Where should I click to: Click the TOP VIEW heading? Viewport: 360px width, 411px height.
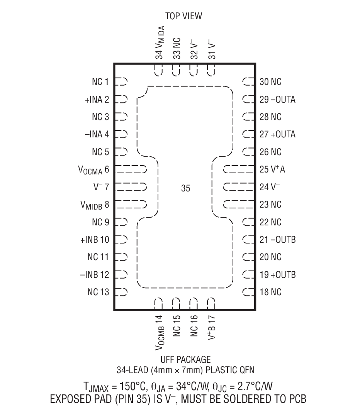pos(183,16)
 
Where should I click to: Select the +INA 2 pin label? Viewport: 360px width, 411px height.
pos(97,100)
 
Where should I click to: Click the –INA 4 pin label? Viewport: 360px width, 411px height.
pos(97,134)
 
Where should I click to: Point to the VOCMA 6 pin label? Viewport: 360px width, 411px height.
pos(93,170)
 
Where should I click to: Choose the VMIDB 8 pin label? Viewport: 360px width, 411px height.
pos(94,205)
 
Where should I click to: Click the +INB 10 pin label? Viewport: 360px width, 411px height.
pos(95,240)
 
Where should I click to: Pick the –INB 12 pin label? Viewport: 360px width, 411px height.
pos(95,275)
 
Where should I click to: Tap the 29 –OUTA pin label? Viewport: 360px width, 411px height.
pos(277,100)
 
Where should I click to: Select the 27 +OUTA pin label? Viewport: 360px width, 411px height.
pos(277,134)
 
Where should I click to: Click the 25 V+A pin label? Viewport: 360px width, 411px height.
pos(272,169)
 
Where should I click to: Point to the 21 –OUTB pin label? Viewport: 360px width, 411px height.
pos(277,240)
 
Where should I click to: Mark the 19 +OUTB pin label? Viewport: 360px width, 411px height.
pos(277,275)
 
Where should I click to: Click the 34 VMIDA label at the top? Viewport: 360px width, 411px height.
pos(160,42)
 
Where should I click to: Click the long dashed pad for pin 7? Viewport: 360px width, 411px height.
pos(131,187)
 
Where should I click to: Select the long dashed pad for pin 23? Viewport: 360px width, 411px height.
pos(239,204)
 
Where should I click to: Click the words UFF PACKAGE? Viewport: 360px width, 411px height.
pos(185,360)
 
